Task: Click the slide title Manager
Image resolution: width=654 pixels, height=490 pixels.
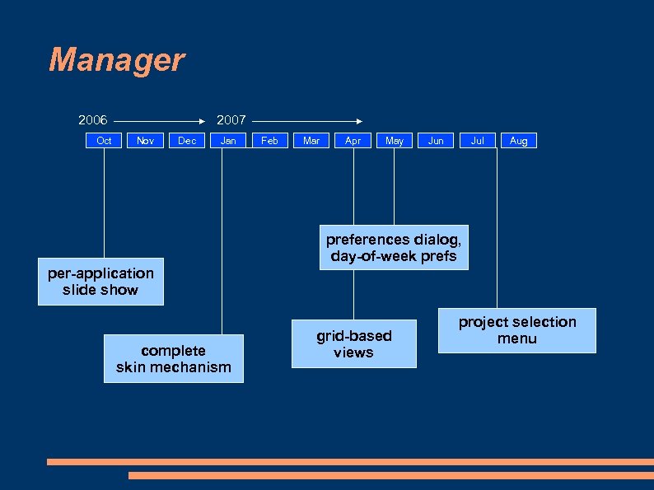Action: click(116, 60)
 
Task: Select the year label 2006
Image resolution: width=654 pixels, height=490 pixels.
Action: click(93, 120)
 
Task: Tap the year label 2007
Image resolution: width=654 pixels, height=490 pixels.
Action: click(231, 120)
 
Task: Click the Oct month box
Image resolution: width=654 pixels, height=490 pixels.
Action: click(104, 141)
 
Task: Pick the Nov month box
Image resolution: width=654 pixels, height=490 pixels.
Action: click(145, 141)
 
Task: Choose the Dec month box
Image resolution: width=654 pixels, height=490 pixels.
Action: click(187, 141)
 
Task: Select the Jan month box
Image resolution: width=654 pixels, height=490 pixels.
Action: click(228, 141)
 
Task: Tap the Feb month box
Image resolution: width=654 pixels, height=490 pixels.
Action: click(269, 141)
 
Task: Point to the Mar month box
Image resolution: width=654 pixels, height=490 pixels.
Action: click(311, 141)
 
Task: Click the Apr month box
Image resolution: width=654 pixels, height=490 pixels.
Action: click(353, 141)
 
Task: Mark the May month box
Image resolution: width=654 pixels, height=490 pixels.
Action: click(395, 141)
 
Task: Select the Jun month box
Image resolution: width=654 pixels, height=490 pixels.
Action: click(436, 141)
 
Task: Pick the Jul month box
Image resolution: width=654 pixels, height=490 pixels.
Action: click(477, 141)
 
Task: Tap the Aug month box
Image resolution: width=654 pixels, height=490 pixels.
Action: click(518, 141)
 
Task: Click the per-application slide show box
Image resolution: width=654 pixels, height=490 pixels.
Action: click(100, 282)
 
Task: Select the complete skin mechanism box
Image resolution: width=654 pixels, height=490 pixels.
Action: click(174, 358)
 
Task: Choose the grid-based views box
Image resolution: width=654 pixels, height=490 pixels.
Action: click(354, 343)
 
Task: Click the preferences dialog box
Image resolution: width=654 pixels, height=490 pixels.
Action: click(394, 248)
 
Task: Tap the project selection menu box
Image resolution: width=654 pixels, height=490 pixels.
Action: click(516, 330)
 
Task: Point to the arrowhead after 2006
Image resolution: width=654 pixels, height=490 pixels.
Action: click(200, 120)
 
